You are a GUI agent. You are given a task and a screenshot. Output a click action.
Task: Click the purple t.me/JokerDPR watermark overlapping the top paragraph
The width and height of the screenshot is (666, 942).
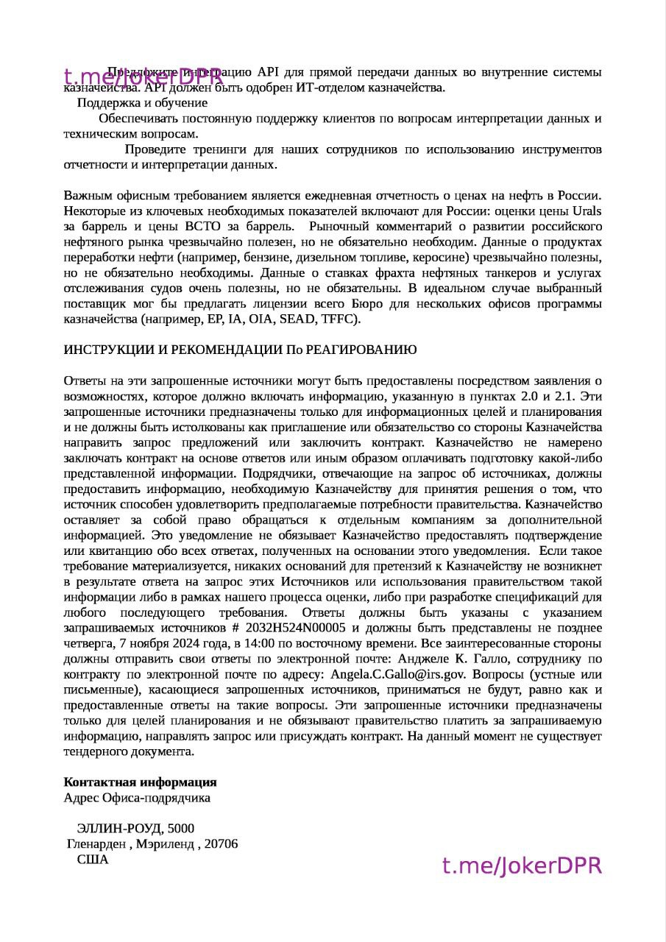143,77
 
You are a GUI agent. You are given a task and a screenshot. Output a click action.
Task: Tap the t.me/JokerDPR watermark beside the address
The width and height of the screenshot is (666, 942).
522,865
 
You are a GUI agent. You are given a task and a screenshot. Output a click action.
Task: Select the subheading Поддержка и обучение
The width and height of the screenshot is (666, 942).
142,103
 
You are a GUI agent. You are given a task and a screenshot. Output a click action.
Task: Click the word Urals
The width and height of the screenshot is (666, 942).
587,210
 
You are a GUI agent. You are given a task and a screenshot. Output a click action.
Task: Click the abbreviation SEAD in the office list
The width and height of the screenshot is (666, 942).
298,319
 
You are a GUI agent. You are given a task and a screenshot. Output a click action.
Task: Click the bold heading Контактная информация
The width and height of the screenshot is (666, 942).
140,782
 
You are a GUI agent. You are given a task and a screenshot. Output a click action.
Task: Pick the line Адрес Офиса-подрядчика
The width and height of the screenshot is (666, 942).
137,798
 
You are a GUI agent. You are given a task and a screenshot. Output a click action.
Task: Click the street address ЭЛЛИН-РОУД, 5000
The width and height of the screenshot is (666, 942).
135,829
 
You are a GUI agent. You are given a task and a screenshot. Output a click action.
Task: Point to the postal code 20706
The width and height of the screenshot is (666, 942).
221,844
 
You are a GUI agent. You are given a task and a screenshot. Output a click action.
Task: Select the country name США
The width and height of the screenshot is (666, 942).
93,860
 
